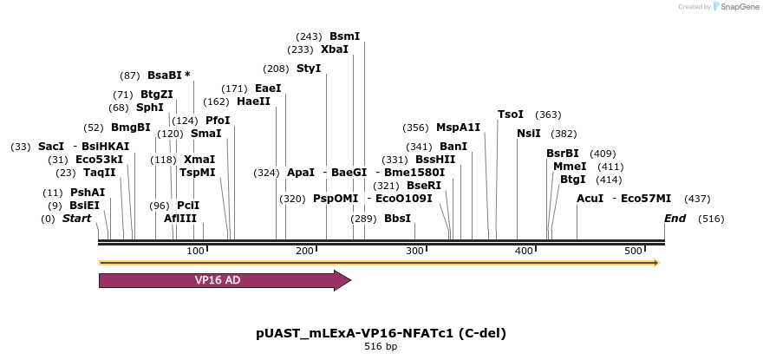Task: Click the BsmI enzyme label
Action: pyautogui.click(x=344, y=36)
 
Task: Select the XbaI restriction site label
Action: pyautogui.click(x=335, y=49)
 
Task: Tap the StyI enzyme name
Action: pyautogui.click(x=309, y=69)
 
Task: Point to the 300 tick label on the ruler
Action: pyautogui.click(x=414, y=251)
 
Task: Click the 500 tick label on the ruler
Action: pyautogui.click(x=634, y=251)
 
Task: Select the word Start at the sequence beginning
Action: pyautogui.click(x=76, y=219)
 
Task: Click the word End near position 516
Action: pyautogui.click(x=675, y=219)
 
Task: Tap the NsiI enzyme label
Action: pyautogui.click(x=529, y=134)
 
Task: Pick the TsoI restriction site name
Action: pyautogui.click(x=511, y=115)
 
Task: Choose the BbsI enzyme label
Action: pyautogui.click(x=397, y=219)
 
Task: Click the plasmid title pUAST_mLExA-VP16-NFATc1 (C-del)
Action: pyautogui.click(x=381, y=333)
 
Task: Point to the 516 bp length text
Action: pyautogui.click(x=381, y=347)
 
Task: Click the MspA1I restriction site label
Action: pyautogui.click(x=458, y=128)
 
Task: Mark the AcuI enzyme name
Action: pyautogui.click(x=590, y=199)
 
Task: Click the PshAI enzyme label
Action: pyautogui.click(x=88, y=193)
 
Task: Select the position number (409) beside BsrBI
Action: pyautogui.click(x=603, y=154)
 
